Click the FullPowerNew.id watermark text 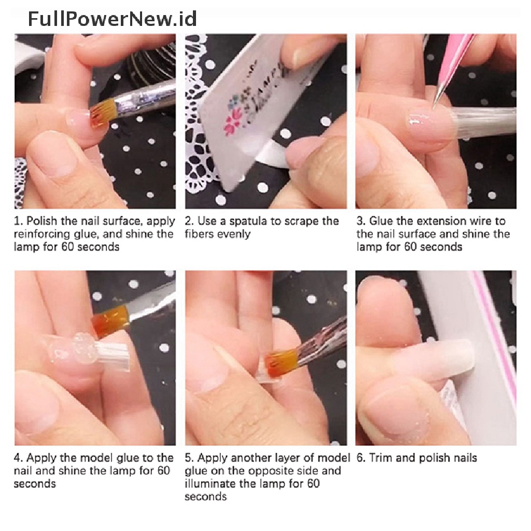tap(112, 19)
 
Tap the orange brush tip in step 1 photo tap(99, 117)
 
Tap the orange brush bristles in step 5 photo tap(281, 362)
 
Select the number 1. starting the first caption tap(18, 221)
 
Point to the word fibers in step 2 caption tap(199, 234)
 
